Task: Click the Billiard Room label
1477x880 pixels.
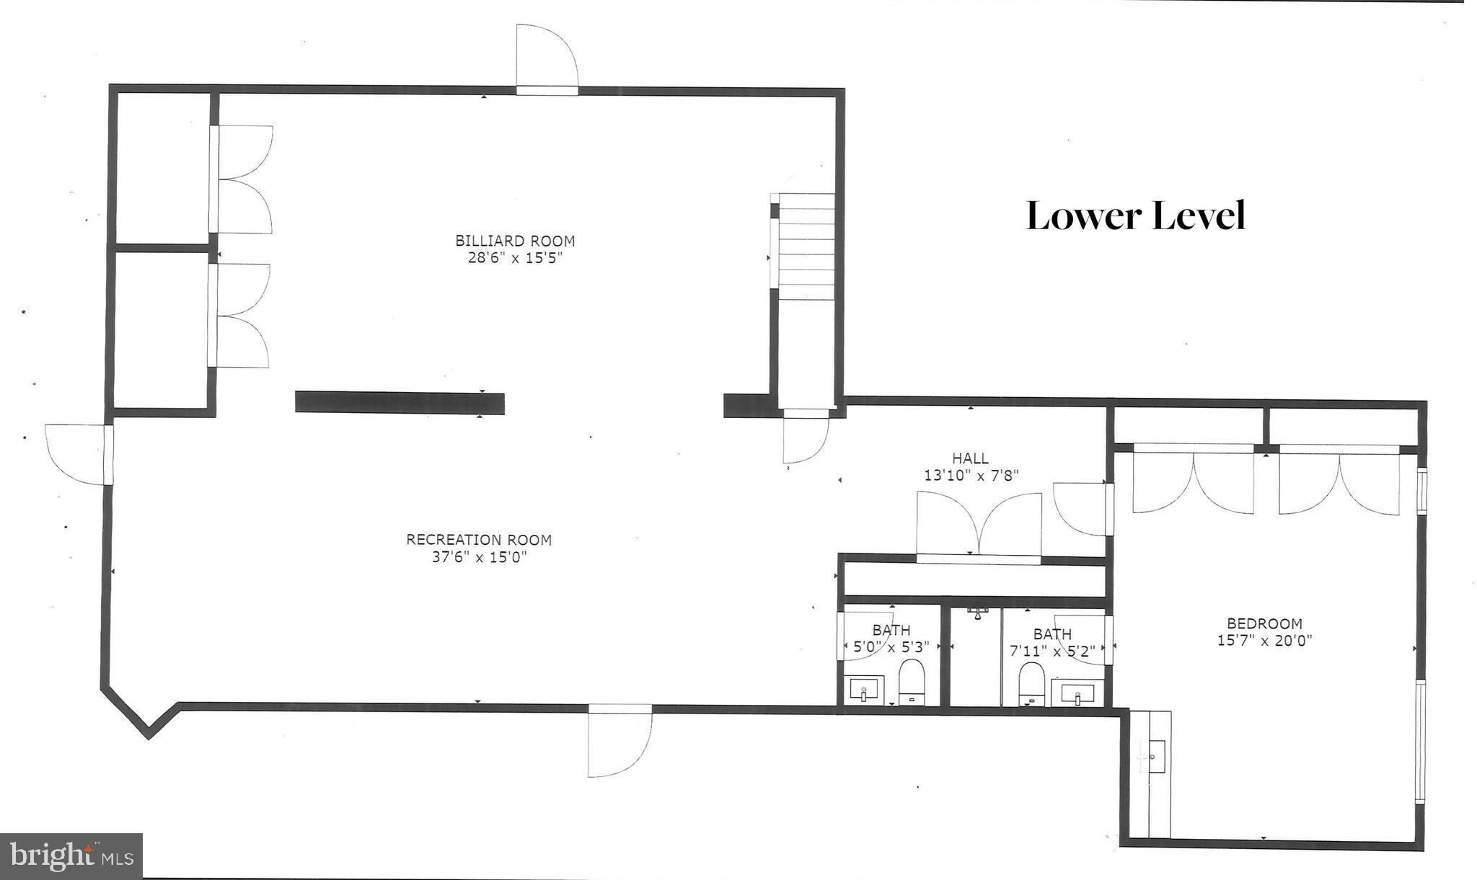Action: pyautogui.click(x=514, y=241)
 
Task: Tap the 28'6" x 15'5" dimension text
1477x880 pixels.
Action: pyautogui.click(x=514, y=258)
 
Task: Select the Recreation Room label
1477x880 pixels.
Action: pyautogui.click(x=479, y=539)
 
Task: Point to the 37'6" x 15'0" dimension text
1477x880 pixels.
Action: pyautogui.click(x=479, y=556)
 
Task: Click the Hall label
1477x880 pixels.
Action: pyautogui.click(x=970, y=458)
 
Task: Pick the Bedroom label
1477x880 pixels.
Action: pyautogui.click(x=1264, y=623)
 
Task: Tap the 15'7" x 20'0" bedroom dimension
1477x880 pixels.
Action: pyautogui.click(x=1264, y=640)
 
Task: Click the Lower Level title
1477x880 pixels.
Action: pyautogui.click(x=1136, y=215)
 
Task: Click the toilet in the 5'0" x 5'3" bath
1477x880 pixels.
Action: pyautogui.click(x=912, y=681)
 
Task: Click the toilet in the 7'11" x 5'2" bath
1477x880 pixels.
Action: pyautogui.click(x=1031, y=683)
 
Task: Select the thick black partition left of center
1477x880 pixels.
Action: pyautogui.click(x=400, y=403)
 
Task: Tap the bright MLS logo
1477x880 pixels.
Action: pyautogui.click(x=71, y=856)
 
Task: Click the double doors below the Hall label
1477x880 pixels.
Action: pyautogui.click(x=979, y=525)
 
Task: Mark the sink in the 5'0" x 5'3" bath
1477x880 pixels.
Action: pyautogui.click(x=864, y=690)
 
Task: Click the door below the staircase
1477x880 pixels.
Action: pyautogui.click(x=805, y=438)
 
